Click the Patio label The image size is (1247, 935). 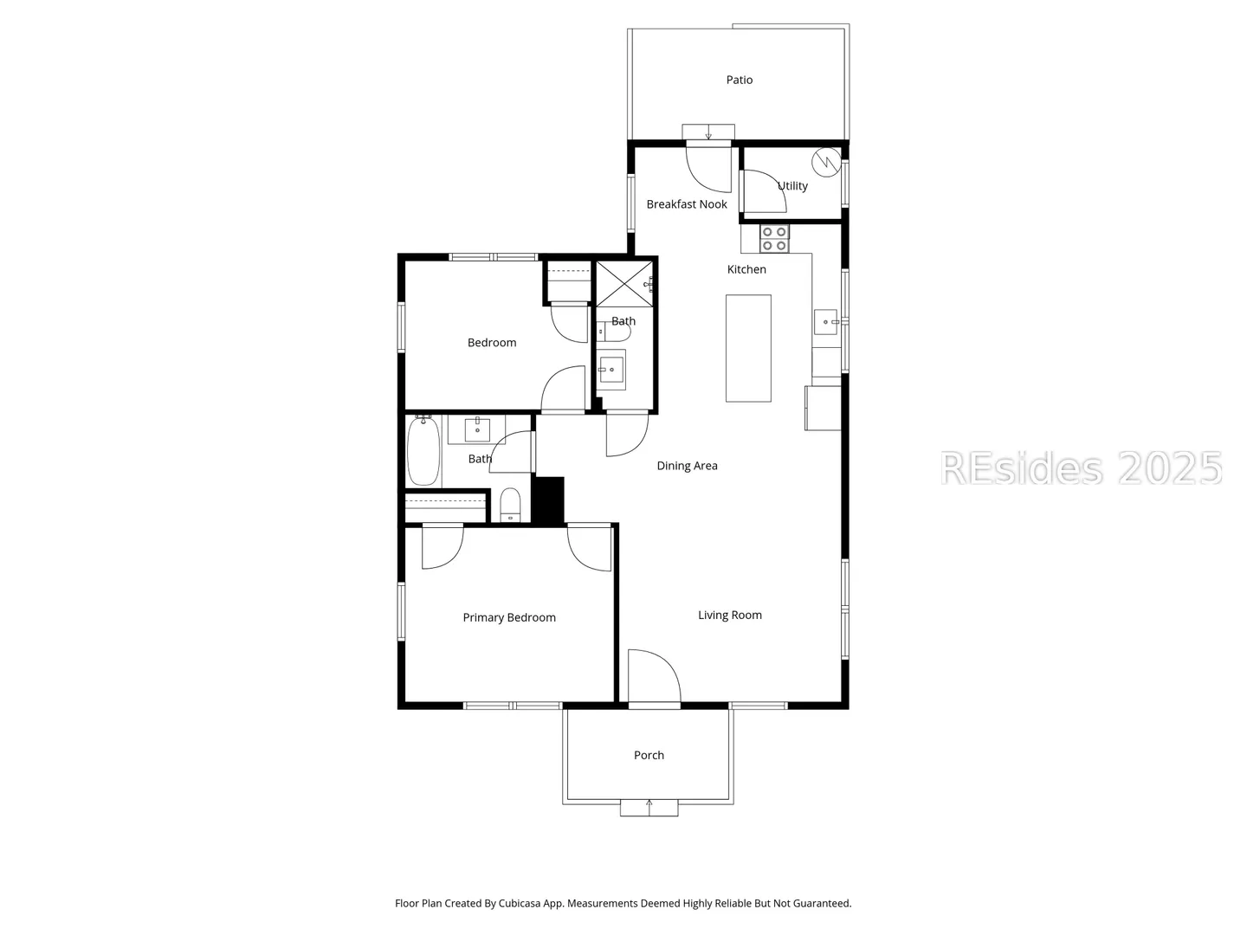point(740,80)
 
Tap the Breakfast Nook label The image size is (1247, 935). point(686,204)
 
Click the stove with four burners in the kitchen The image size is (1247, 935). point(774,239)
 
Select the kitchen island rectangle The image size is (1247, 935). point(748,349)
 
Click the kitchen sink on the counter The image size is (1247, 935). point(825,322)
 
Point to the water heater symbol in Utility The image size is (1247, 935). point(826,162)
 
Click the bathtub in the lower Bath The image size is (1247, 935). point(423,450)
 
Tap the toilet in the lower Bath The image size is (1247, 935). point(510,505)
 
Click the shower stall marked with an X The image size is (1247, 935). point(623,284)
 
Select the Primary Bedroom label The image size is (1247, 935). point(509,617)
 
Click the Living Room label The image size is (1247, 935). point(729,615)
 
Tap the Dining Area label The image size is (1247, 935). point(687,466)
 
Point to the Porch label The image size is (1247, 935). point(649,755)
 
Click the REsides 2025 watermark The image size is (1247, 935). point(1081,468)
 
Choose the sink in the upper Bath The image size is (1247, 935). point(611,370)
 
